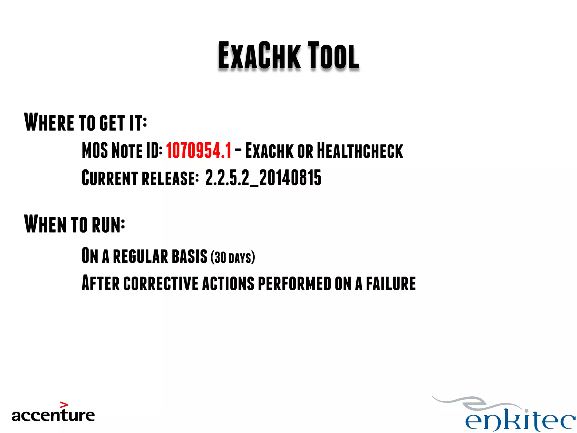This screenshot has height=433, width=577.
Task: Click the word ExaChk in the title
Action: coord(259,56)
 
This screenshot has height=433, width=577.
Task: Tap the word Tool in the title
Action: coord(333,56)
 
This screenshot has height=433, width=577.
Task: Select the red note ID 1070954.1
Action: coord(199,151)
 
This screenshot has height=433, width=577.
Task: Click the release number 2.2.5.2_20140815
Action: coord(263,178)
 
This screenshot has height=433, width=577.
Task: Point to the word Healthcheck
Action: coord(360,151)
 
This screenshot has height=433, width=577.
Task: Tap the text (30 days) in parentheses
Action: coord(233,257)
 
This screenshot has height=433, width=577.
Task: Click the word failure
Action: coord(391,284)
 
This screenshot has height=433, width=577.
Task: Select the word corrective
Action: coord(161,284)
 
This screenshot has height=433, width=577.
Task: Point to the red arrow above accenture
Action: coord(64,405)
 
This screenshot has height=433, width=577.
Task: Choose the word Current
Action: coord(110,178)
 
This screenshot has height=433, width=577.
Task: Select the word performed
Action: coord(294,284)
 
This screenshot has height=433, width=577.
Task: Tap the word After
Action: coord(100,283)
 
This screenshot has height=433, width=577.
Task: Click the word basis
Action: coord(189,256)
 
